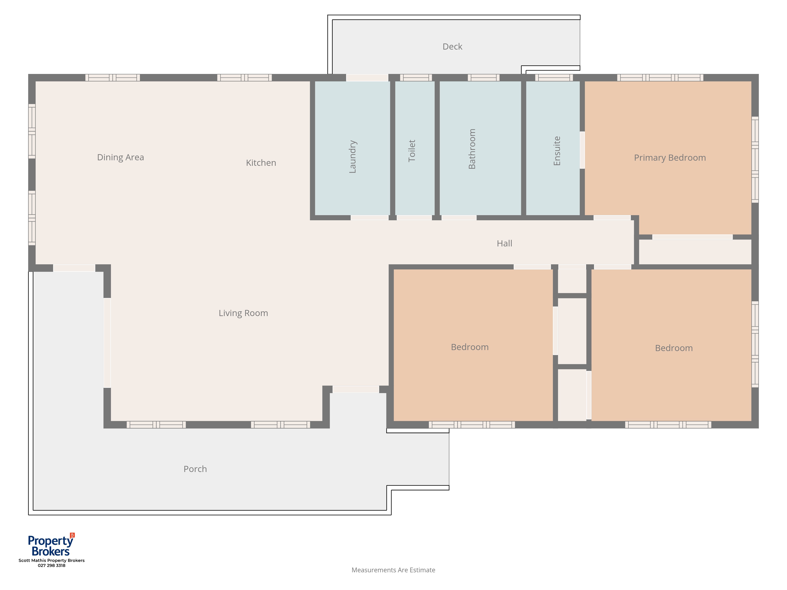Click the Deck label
point(452,47)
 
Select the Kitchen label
point(261,163)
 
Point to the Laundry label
point(353,157)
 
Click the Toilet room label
point(412,151)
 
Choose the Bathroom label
point(472,149)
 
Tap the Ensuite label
point(557,151)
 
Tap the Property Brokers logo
point(51,545)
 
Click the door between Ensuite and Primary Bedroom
point(582,150)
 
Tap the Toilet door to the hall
point(414,218)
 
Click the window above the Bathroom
point(484,77)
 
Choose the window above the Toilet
point(416,77)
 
